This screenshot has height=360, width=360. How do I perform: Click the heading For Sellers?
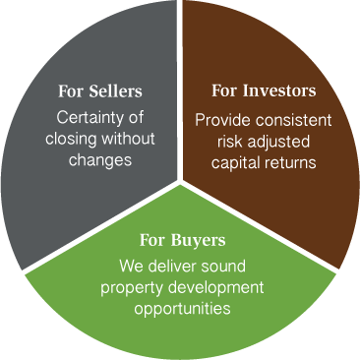(x=100, y=91)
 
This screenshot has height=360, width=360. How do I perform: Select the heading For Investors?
(x=264, y=91)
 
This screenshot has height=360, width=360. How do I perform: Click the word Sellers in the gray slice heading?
(x=115, y=91)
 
